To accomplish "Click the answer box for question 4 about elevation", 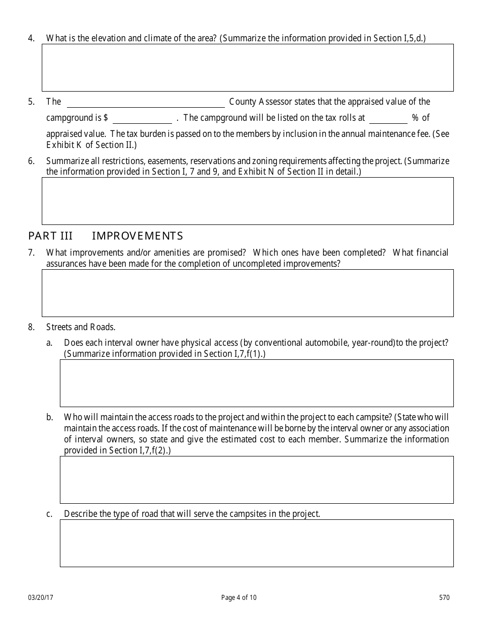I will tap(248, 67).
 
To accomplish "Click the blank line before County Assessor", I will tap(146, 103).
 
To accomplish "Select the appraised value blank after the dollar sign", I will tap(142, 119).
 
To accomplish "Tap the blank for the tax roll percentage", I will tap(388, 119).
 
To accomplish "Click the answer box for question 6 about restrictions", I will tap(248, 201).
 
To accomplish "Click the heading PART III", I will tap(50, 236).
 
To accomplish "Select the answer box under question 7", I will tap(248, 293).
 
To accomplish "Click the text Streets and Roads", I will tap(81, 327).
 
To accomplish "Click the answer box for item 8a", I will tap(257, 383).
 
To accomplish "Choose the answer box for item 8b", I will tap(257, 480).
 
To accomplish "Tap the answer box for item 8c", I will tap(257, 543).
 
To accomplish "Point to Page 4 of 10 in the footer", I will tap(238, 598).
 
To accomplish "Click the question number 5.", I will tap(31, 102).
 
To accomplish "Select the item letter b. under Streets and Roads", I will tap(49, 417).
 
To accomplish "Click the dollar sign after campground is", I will tap(106, 118).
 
